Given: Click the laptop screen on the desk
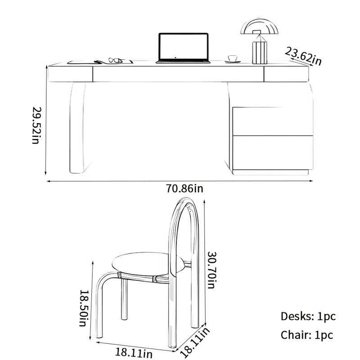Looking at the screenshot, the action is [x=184, y=47].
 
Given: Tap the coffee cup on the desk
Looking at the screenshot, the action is [x=232, y=58].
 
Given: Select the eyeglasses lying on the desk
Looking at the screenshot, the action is [x=115, y=60].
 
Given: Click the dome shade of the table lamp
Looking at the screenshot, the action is [x=260, y=27].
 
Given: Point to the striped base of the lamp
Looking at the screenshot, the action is [x=260, y=52].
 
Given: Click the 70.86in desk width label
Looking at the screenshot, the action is [x=184, y=189].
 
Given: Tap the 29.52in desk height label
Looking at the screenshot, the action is [x=37, y=125].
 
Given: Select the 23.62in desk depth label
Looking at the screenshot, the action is [x=303, y=56].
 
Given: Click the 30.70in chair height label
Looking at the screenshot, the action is [x=212, y=270].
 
